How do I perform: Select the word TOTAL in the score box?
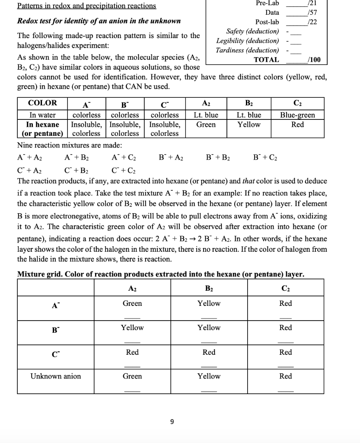[266, 60]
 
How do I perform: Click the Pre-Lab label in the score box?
[268, 3]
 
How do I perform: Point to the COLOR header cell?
[42, 103]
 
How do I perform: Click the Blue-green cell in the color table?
[298, 115]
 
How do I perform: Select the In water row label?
[42, 115]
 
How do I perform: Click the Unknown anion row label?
[55, 376]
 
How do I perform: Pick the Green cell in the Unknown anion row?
[132, 376]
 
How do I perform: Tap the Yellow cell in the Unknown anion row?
[209, 376]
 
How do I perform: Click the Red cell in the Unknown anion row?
[286, 376]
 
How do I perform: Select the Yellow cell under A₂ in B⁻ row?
[132, 328]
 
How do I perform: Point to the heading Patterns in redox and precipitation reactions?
[86, 6]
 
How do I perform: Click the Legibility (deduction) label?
[248, 41]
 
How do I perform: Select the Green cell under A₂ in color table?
[206, 125]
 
